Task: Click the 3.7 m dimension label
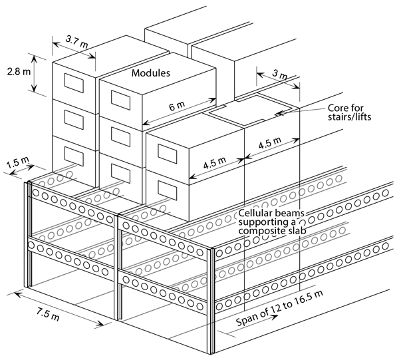(x=74, y=40)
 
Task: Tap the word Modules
(x=150, y=72)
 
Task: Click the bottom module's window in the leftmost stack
(x=72, y=154)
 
